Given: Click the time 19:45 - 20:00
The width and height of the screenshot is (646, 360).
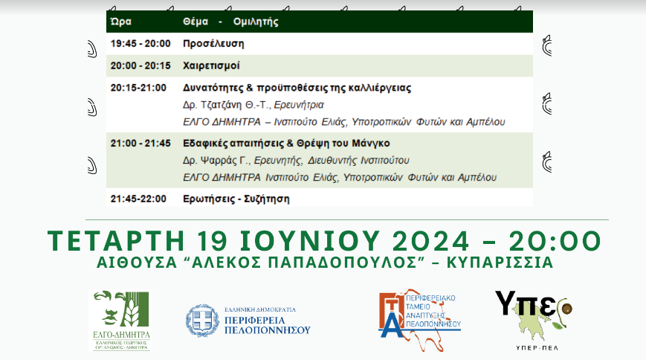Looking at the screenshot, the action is click(x=140, y=44).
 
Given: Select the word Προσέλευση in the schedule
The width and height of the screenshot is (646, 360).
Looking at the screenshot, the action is click(x=213, y=44).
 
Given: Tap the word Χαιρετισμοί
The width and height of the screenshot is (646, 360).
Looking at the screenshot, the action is click(x=211, y=66).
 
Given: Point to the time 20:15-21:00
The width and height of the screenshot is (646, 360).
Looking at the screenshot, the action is click(x=138, y=88).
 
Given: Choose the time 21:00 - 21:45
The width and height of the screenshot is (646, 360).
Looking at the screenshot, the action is click(x=140, y=144).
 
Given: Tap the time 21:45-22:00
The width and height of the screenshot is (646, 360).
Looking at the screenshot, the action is click(x=138, y=199).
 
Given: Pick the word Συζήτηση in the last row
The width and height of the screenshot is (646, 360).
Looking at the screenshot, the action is click(x=267, y=199).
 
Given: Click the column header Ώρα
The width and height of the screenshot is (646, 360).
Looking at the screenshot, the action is click(x=121, y=22).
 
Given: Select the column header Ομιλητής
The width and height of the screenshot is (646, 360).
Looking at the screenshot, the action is click(x=256, y=22).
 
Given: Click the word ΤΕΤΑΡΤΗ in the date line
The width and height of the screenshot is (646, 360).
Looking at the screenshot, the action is click(x=116, y=241).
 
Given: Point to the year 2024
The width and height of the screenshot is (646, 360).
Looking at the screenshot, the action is click(x=430, y=241).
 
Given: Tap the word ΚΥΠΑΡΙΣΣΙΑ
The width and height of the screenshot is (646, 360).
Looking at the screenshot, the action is click(x=500, y=263).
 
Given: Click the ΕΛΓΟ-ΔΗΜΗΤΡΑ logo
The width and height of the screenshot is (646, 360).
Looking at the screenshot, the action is click(x=120, y=321).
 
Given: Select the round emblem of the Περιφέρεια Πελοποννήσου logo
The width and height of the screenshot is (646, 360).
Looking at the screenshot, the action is click(x=202, y=321).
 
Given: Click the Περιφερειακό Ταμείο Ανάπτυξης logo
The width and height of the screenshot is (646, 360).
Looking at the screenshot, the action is click(x=419, y=320).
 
